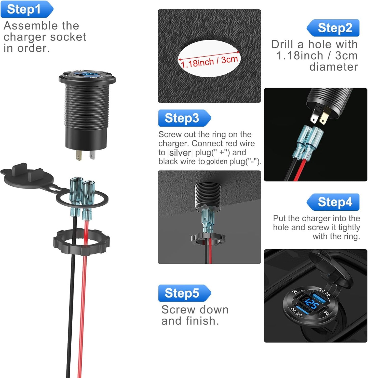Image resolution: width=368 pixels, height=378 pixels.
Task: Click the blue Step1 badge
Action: click(27, 9)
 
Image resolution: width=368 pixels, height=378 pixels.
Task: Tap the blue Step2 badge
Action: click(333, 28)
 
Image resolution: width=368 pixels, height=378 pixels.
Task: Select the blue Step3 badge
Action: click(185, 118)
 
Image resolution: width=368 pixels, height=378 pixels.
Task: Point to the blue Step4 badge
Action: click(333, 202)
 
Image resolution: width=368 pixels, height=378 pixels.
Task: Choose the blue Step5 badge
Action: click(185, 293)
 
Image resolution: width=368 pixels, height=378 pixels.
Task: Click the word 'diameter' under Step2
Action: click(333, 67)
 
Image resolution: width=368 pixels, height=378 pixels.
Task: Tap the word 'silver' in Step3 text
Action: click(180, 153)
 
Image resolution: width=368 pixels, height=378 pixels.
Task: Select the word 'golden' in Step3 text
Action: click(217, 161)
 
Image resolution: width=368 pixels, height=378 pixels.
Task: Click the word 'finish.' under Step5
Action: click(202, 321)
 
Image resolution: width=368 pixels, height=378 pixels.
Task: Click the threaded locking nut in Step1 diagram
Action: click(81, 242)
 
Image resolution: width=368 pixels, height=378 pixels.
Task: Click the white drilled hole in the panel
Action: click(209, 59)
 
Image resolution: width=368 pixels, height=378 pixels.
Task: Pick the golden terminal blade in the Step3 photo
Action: click(323, 118)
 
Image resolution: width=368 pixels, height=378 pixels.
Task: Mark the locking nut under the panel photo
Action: click(208, 238)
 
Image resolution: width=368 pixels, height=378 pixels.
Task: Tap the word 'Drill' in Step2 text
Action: click(282, 44)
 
